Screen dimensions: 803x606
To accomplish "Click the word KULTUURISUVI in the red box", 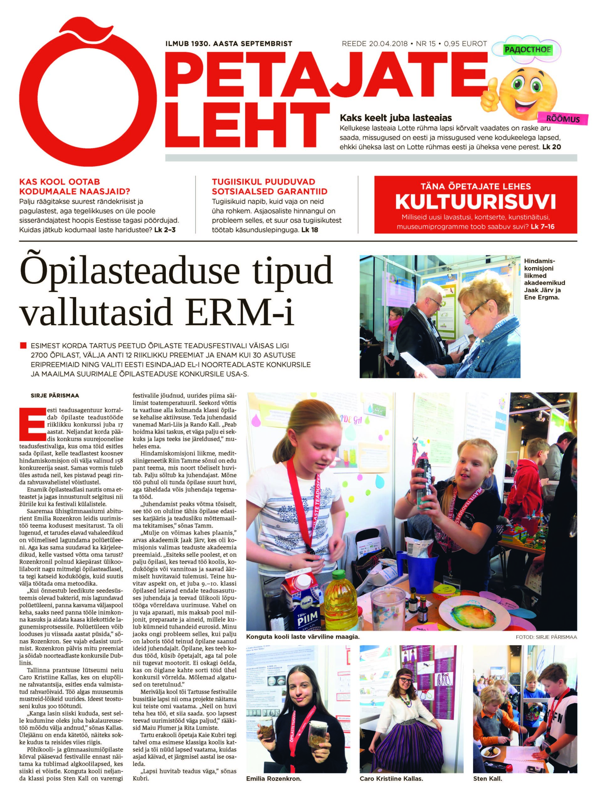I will (x=475, y=201).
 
